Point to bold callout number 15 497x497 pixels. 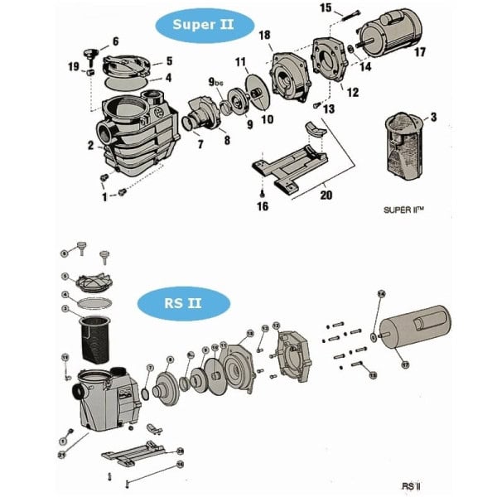pos(326,8)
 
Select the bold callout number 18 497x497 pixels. pos(264,35)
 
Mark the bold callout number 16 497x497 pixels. pos(262,206)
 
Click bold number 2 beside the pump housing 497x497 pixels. pos(90,146)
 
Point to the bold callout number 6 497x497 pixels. pos(115,41)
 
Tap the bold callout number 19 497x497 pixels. pos(73,66)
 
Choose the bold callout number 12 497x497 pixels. pos(353,92)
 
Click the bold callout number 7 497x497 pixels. pos(199,145)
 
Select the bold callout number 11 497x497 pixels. pos(241,61)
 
